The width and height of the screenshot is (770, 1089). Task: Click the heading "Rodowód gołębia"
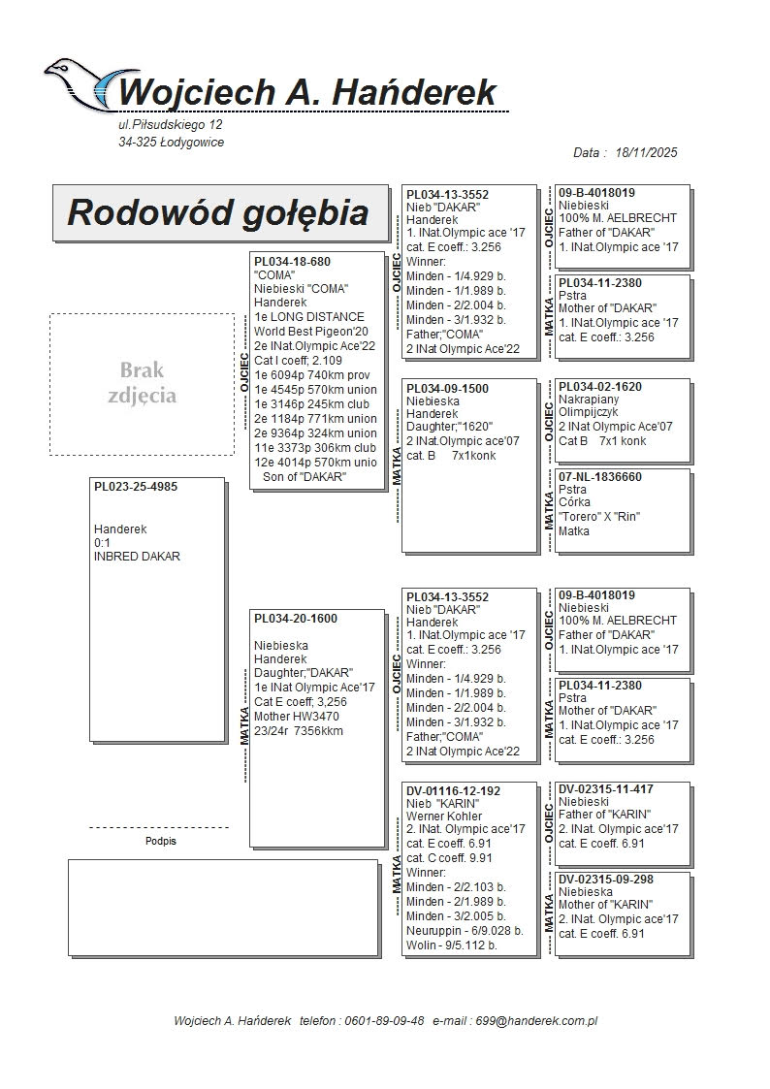coord(217,213)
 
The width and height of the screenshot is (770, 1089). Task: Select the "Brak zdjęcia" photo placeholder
coord(143,383)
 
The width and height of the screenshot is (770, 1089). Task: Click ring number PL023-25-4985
coord(136,487)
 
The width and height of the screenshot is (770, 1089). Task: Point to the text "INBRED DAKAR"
coord(137,557)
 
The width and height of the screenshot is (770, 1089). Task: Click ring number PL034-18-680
coord(292,262)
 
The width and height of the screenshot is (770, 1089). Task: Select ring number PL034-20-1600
coord(296,618)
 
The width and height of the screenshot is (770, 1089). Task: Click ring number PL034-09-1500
coord(447,389)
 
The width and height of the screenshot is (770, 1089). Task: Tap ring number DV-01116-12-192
coord(453,791)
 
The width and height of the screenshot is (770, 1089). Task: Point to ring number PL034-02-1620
coord(600,387)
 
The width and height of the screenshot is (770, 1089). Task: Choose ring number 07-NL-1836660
coord(600,477)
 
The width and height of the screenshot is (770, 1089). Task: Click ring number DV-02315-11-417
coord(605,789)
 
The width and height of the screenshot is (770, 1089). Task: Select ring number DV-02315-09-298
coord(605,880)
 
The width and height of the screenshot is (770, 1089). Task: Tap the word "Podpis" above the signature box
coord(160,842)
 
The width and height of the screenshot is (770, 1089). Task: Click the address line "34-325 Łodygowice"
coord(172,143)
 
